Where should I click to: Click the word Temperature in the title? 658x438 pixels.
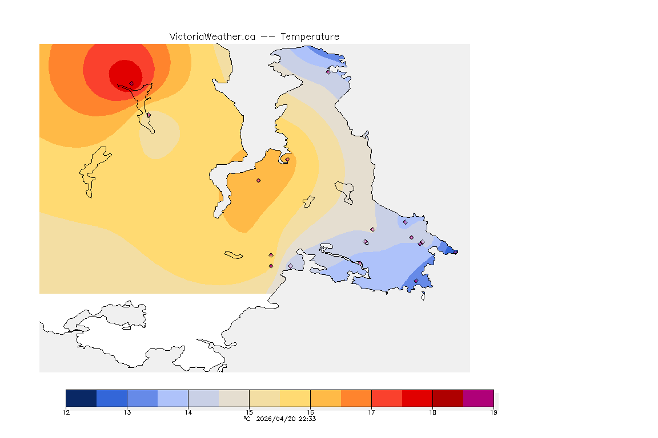pyautogui.click(x=309, y=36)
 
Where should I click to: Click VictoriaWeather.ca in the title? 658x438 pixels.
pyautogui.click(x=212, y=36)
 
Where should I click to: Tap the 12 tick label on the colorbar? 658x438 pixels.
pyautogui.click(x=66, y=412)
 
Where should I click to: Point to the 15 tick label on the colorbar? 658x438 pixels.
pyautogui.click(x=249, y=412)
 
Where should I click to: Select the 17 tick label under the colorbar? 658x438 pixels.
pyautogui.click(x=371, y=412)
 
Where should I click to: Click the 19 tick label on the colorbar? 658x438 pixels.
pyautogui.click(x=493, y=412)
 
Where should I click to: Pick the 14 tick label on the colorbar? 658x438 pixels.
pyautogui.click(x=188, y=412)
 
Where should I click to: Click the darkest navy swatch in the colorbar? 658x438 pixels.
pyautogui.click(x=81, y=398)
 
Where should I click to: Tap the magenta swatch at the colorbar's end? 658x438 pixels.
pyautogui.click(x=478, y=398)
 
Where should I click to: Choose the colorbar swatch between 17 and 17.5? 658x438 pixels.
pyautogui.click(x=387, y=398)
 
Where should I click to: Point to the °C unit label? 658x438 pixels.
pyautogui.click(x=247, y=419)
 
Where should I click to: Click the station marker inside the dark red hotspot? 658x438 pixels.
pyautogui.click(x=131, y=83)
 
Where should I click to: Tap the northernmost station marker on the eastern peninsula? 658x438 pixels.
pyautogui.click(x=328, y=72)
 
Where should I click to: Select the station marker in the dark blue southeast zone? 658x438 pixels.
pyautogui.click(x=416, y=281)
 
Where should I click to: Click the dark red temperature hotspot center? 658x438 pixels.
pyautogui.click(x=125, y=74)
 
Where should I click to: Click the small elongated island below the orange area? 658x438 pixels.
pyautogui.click(x=234, y=254)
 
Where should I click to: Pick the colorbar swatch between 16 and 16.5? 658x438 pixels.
pyautogui.click(x=326, y=398)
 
